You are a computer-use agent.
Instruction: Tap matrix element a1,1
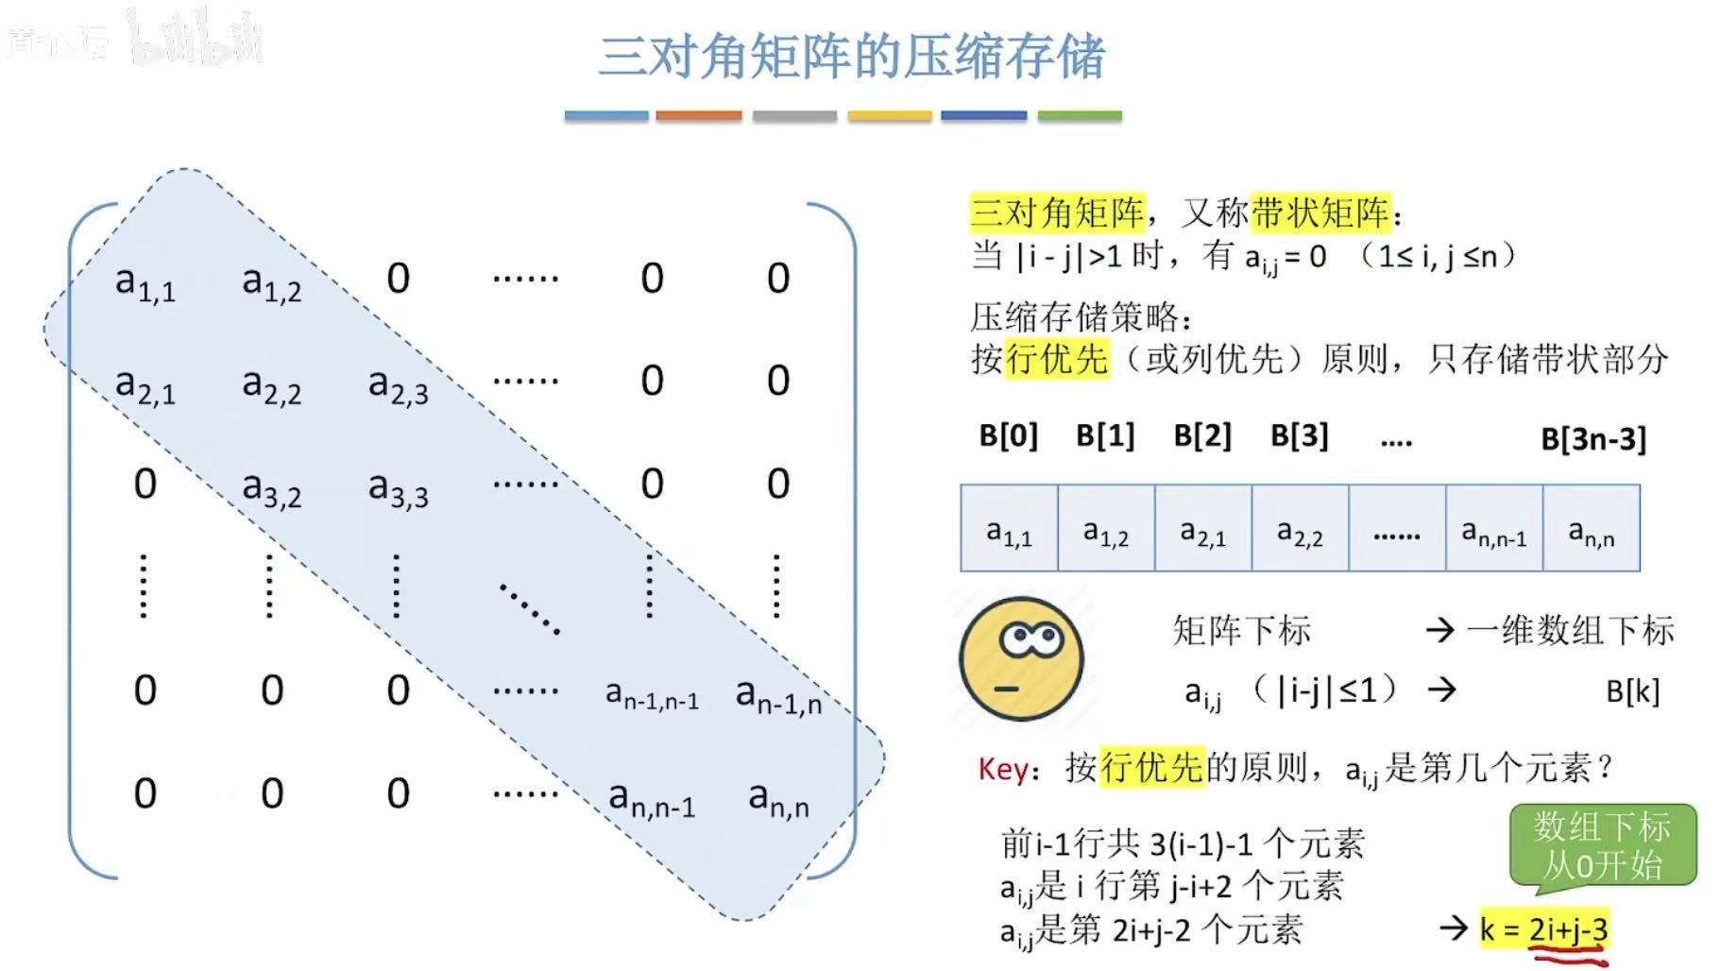click(145, 281)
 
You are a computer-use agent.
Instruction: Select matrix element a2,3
click(398, 385)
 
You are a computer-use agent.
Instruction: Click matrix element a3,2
click(271, 488)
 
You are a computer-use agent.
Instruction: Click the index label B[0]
click(1008, 435)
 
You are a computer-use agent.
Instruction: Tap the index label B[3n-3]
click(1592, 438)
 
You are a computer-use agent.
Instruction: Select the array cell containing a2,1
click(1202, 529)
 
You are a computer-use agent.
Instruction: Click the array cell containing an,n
click(1592, 529)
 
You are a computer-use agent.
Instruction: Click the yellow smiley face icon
click(1020, 658)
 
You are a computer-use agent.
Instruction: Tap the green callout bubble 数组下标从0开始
click(1602, 845)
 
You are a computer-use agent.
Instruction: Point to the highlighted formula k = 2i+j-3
click(1543, 929)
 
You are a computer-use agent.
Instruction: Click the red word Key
click(1002, 769)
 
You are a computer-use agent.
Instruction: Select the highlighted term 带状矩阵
click(1320, 213)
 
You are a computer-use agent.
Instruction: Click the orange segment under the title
click(699, 115)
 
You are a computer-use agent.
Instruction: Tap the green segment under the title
click(1079, 115)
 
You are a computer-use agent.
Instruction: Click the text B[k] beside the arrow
click(1632, 691)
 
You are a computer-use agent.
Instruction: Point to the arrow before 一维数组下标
click(1440, 630)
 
